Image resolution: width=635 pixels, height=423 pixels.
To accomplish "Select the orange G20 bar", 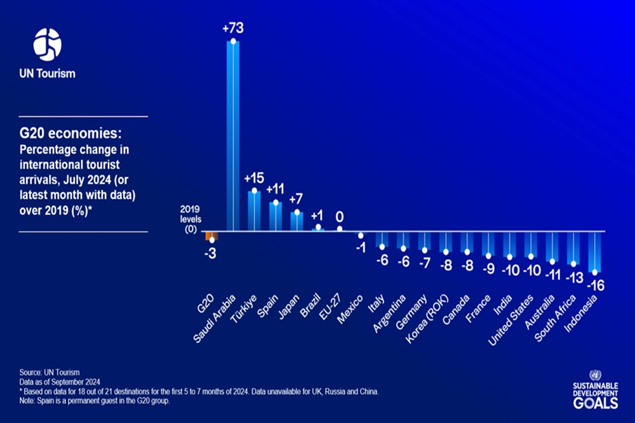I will tap(211, 235).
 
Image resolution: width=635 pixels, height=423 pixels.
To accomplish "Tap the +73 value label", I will tap(233, 29).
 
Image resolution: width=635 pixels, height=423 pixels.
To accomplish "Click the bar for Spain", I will tap(276, 216).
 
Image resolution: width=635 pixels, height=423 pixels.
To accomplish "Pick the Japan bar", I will tap(297, 221).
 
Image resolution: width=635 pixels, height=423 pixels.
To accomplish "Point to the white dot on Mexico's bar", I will tap(361, 235).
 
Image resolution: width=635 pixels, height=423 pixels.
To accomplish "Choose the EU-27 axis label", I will tap(330, 305).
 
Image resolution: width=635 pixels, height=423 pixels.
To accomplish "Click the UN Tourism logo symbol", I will tap(48, 46).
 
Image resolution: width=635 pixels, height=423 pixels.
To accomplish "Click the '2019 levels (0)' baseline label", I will tap(190, 220).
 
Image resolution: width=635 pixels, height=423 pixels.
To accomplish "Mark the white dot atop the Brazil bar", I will tap(318, 227).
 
